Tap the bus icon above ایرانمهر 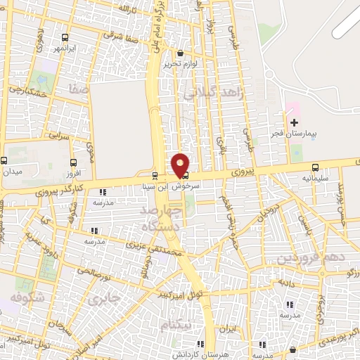[x=65, y=37]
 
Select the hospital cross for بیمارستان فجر [x=294, y=123]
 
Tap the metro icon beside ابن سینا [x=155, y=176]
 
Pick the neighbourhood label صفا [x=78, y=89]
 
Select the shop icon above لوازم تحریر [x=181, y=53]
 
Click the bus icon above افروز [x=74, y=162]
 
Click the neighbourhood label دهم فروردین [x=310, y=259]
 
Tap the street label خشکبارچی [x=28, y=91]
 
